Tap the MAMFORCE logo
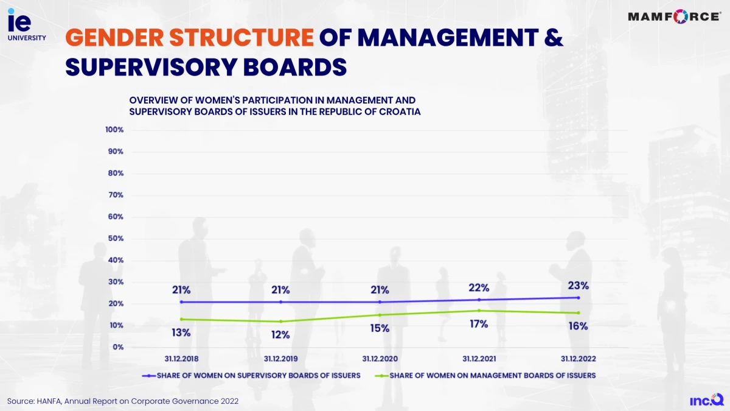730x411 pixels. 673,16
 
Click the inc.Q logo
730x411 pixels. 706,399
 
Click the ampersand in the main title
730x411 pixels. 552,38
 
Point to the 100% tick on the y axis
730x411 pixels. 114,130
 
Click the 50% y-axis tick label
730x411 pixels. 116,238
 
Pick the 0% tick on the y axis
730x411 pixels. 118,347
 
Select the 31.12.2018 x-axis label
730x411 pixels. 181,359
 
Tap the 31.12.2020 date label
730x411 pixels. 380,359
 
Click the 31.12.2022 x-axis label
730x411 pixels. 578,359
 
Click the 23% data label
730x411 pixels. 578,285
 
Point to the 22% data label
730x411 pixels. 479,287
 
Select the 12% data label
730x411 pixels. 280,335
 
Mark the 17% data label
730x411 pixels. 479,324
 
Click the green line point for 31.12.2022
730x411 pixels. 578,313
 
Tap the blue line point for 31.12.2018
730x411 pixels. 181,302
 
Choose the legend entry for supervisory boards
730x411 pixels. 252,376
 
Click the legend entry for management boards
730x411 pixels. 486,376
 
